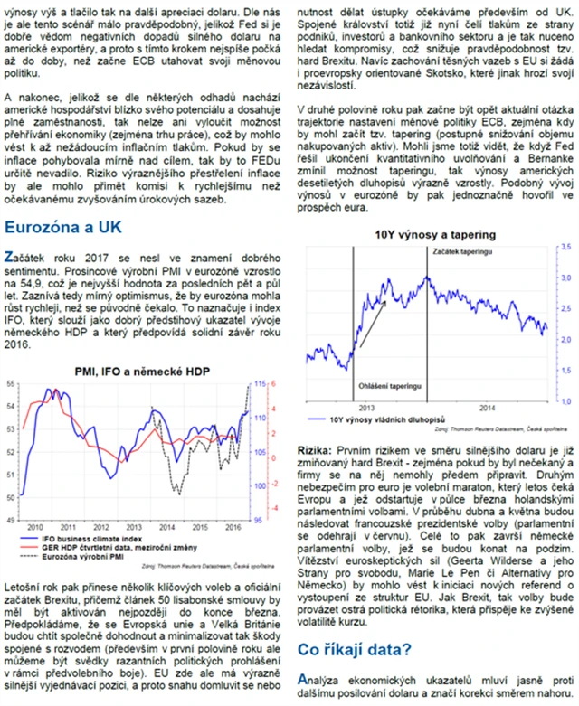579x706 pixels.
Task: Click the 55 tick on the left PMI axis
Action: (x=11, y=384)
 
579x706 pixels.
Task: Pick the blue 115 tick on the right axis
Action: (x=259, y=384)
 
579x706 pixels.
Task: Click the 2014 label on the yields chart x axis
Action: (x=489, y=407)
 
